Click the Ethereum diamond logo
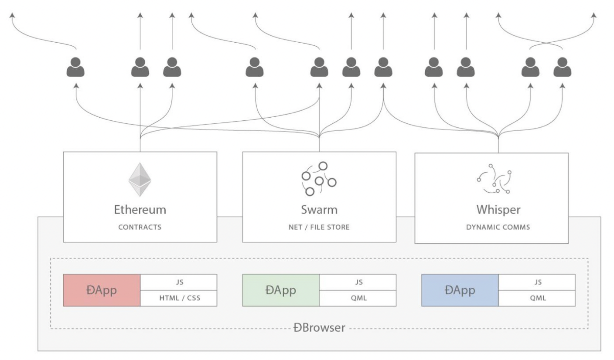coord(140,180)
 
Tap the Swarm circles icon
coord(319,179)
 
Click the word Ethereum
coord(140,210)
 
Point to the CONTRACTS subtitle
coord(140,227)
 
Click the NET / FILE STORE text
coord(319,227)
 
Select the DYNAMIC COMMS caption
coord(491,228)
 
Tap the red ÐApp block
coord(102,290)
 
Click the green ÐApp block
coord(281,290)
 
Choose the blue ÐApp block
coord(460,290)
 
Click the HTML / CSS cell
coord(178,298)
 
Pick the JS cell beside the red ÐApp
coord(178,282)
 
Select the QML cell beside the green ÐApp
coord(358,298)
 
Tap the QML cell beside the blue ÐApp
coord(537,298)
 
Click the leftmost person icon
coord(76,68)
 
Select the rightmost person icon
coord(562,68)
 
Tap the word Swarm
coord(319,210)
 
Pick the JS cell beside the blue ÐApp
coord(537,282)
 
